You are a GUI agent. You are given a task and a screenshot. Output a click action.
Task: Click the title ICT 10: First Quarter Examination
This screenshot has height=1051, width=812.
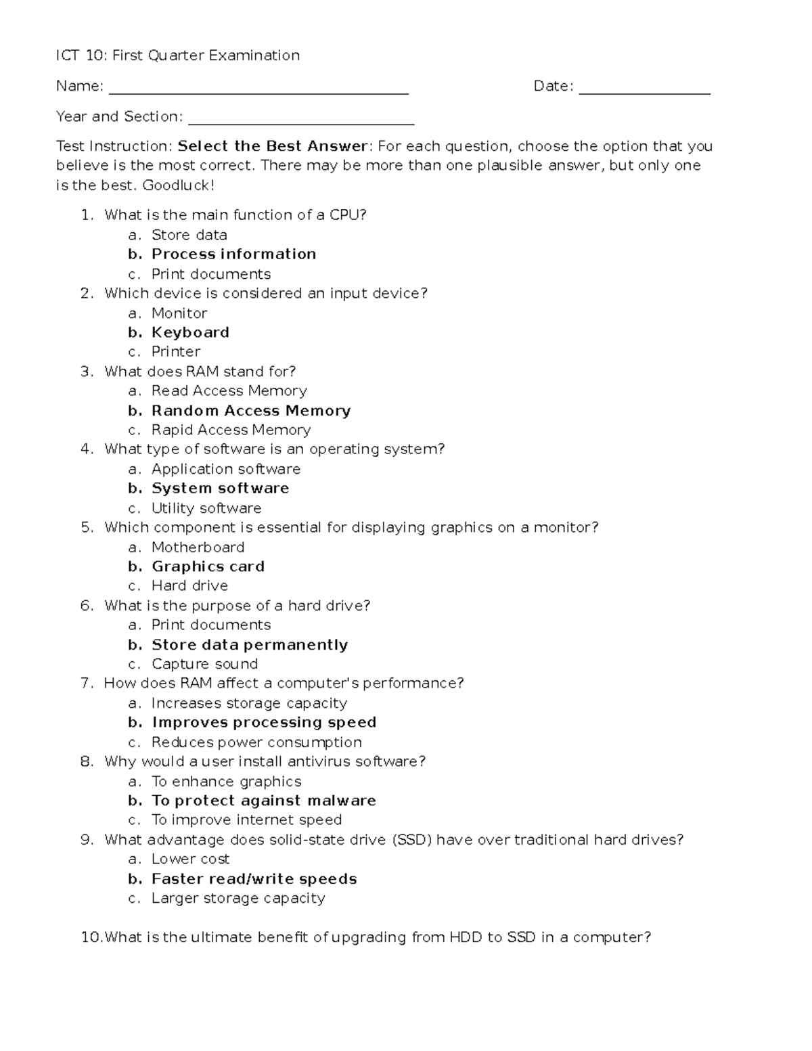178,55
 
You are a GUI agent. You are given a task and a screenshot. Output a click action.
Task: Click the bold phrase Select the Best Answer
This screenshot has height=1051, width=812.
273,146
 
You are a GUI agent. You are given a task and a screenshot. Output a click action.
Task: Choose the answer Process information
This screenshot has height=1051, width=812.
233,254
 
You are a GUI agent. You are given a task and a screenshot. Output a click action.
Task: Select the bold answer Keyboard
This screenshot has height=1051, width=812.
190,332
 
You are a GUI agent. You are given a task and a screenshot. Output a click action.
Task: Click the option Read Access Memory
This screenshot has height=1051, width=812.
229,390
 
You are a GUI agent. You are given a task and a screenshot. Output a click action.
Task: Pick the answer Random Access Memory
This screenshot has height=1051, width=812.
251,411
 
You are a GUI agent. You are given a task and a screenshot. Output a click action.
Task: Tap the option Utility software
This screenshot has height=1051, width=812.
206,508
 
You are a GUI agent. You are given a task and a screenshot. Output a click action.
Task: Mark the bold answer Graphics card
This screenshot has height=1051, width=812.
208,566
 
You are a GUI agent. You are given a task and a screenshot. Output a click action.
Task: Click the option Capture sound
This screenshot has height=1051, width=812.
204,664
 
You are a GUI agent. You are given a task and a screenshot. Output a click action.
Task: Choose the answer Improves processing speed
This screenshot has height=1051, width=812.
264,722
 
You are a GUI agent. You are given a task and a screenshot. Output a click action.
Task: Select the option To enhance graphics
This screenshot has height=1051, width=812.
226,782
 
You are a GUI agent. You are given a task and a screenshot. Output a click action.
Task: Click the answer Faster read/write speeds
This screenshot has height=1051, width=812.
254,879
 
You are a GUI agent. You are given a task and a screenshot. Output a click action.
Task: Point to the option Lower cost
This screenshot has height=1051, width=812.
190,859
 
